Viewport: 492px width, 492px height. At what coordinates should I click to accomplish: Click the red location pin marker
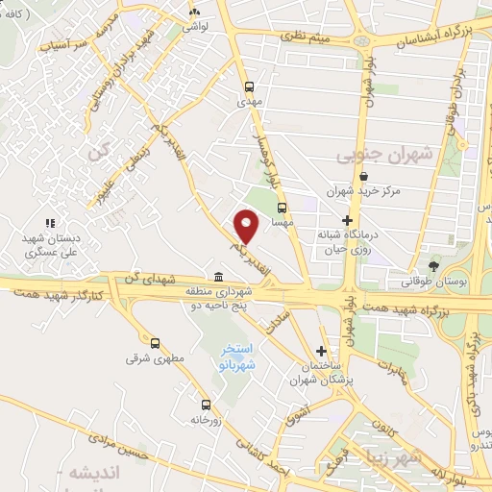248,227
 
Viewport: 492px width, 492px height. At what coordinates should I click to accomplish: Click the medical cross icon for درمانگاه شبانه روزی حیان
348,219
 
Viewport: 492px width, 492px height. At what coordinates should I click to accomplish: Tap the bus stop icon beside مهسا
282,207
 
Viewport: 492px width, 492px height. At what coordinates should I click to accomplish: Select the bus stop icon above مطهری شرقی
156,341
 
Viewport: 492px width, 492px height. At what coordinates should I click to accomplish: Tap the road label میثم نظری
307,36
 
